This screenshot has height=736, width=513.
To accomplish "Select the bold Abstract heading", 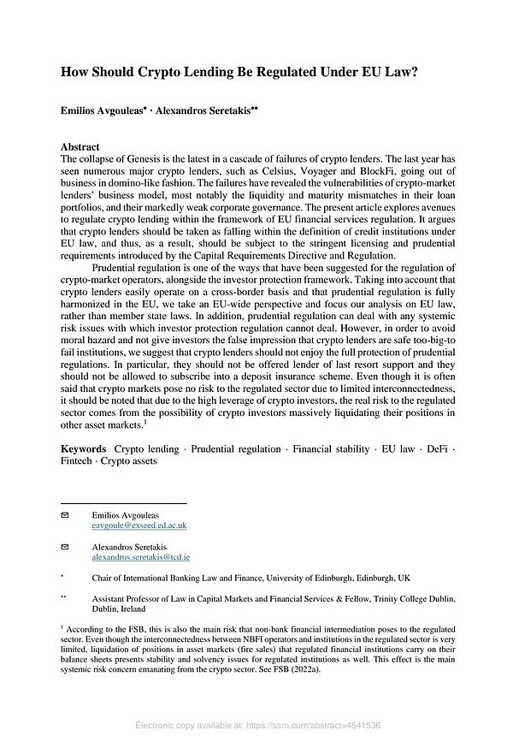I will click(x=80, y=147).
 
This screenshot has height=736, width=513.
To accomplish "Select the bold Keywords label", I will click(x=84, y=448).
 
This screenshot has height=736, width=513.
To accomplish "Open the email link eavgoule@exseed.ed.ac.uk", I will click(x=139, y=526).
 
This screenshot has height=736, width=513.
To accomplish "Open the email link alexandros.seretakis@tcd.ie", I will click(x=140, y=556).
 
